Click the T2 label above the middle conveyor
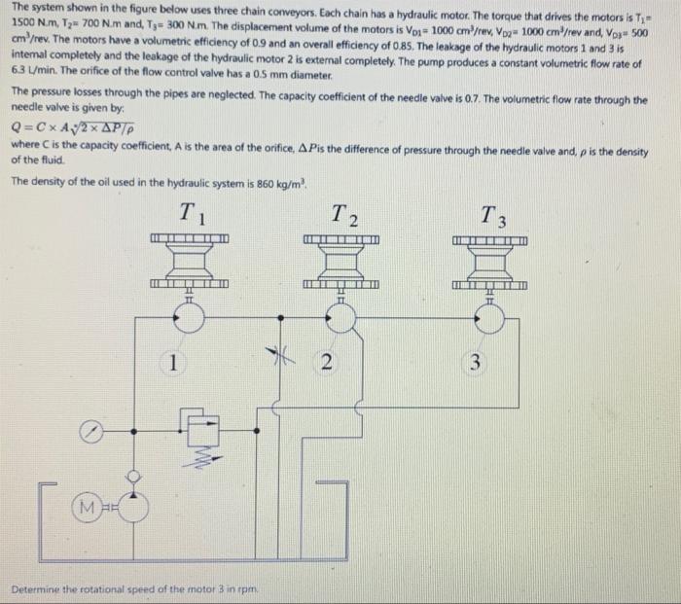[342, 214]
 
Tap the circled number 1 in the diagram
[172, 364]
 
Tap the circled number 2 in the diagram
[328, 364]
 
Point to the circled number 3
[476, 364]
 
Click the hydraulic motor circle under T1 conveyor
[189, 314]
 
